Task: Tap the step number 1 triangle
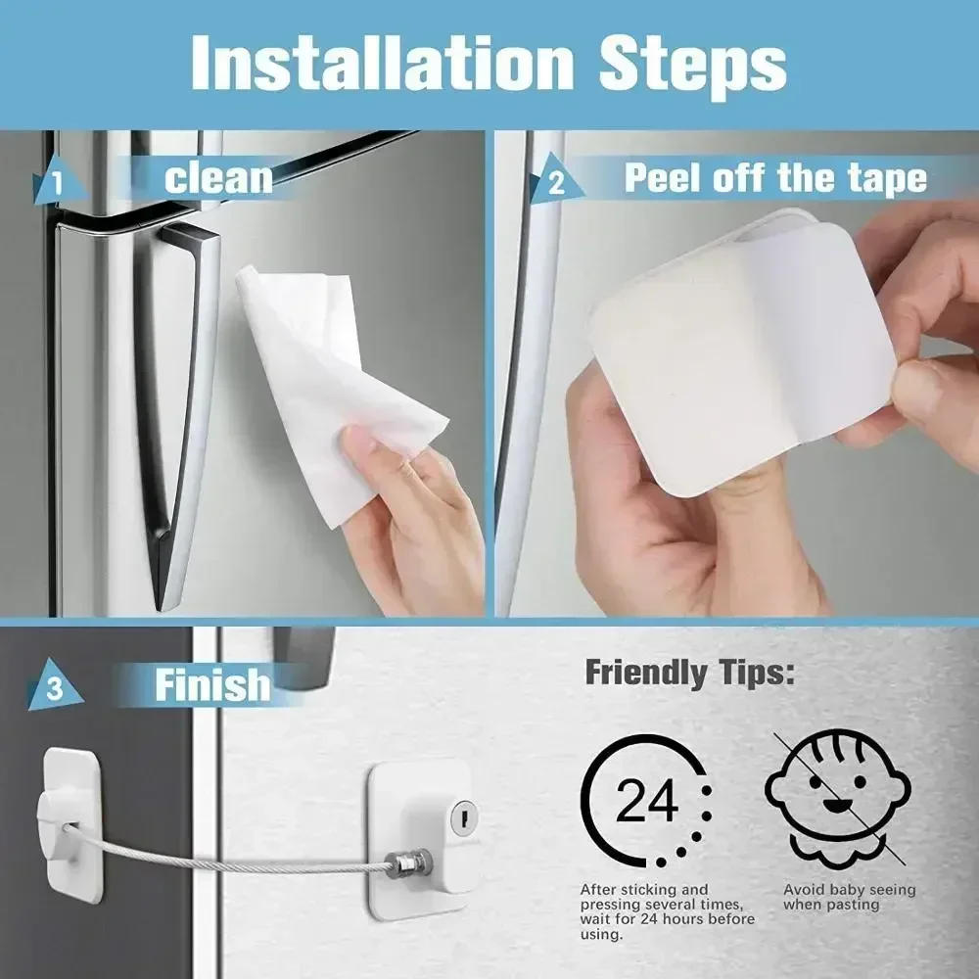tap(55, 184)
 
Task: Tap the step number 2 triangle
tap(553, 182)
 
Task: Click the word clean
tap(217, 178)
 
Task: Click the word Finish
tap(211, 684)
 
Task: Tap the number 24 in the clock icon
tap(646, 803)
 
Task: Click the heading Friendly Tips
tap(689, 673)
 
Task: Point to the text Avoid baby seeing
tap(849, 890)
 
